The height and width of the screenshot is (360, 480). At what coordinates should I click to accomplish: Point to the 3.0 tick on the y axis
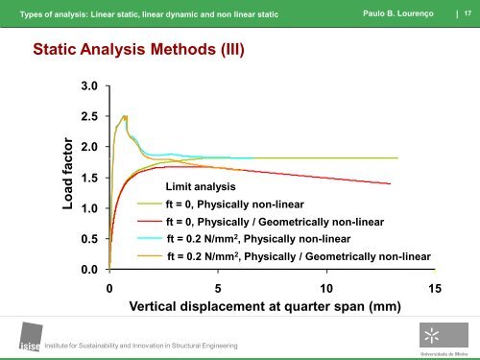89,86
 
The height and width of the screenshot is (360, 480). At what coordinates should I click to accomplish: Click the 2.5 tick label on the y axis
89,117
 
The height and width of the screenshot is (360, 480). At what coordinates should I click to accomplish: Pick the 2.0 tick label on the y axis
89,147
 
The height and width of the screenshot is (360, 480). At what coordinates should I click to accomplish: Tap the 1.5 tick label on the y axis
89,178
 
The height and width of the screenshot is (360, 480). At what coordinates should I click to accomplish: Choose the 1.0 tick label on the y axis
89,208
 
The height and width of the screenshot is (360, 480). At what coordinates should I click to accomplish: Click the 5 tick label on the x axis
218,288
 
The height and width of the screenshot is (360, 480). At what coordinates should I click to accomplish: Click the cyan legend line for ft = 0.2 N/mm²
151,238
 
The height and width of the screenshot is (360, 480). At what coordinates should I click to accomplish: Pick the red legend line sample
151,222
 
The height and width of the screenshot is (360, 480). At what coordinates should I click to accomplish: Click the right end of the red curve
390,183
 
